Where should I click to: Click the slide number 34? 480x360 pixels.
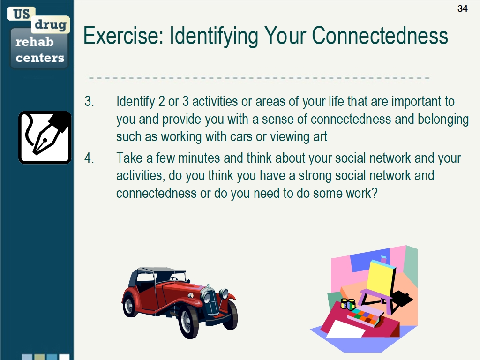(x=463, y=8)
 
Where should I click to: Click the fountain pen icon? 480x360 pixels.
(x=45, y=137)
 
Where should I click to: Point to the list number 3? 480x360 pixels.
(x=89, y=101)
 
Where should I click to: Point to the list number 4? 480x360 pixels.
(x=89, y=158)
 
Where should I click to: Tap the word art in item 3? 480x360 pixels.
(x=320, y=137)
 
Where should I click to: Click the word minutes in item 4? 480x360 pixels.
(x=199, y=158)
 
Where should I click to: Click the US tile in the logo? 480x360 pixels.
(x=22, y=14)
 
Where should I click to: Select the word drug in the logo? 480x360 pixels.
(x=51, y=24)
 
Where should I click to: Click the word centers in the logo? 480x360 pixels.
(x=40, y=58)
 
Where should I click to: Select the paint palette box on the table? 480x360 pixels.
(x=365, y=315)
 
